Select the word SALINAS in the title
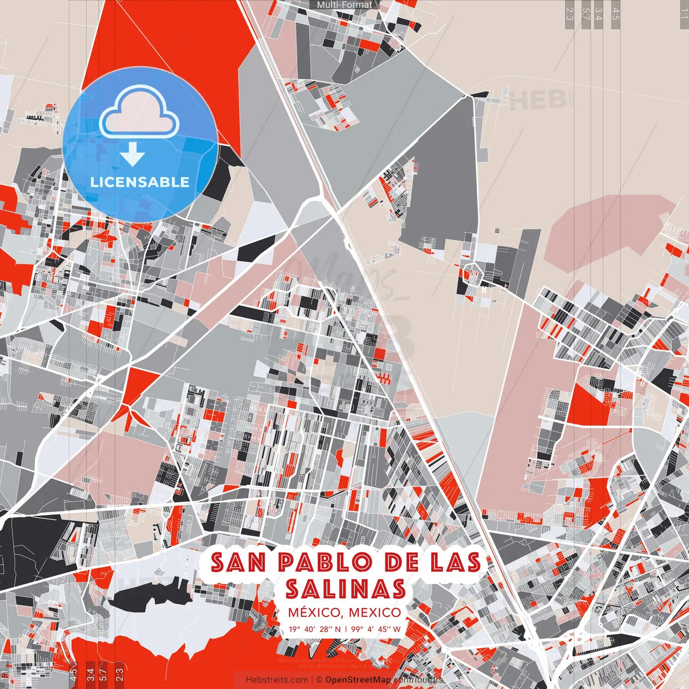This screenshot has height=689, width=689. click(x=345, y=588)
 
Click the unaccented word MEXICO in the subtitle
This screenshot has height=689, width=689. click(x=375, y=613)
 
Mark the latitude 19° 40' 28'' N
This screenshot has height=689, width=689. click(x=314, y=629)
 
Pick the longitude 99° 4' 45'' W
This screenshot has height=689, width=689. click(x=376, y=629)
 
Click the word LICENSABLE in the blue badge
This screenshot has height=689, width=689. click(x=140, y=182)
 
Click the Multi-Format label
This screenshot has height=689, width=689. click(x=344, y=5)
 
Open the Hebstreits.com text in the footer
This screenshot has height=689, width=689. click(x=277, y=680)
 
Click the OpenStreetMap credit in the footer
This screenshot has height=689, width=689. click(x=357, y=680)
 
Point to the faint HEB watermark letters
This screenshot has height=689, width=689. click(x=538, y=100)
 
